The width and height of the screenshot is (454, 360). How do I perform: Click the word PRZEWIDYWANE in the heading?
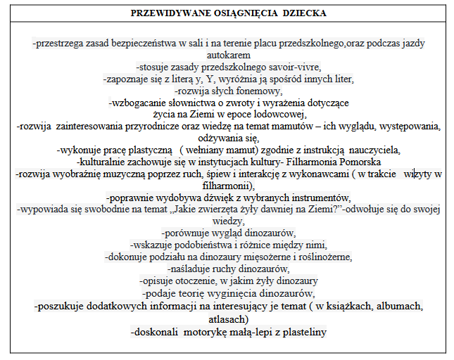[x=163, y=13]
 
